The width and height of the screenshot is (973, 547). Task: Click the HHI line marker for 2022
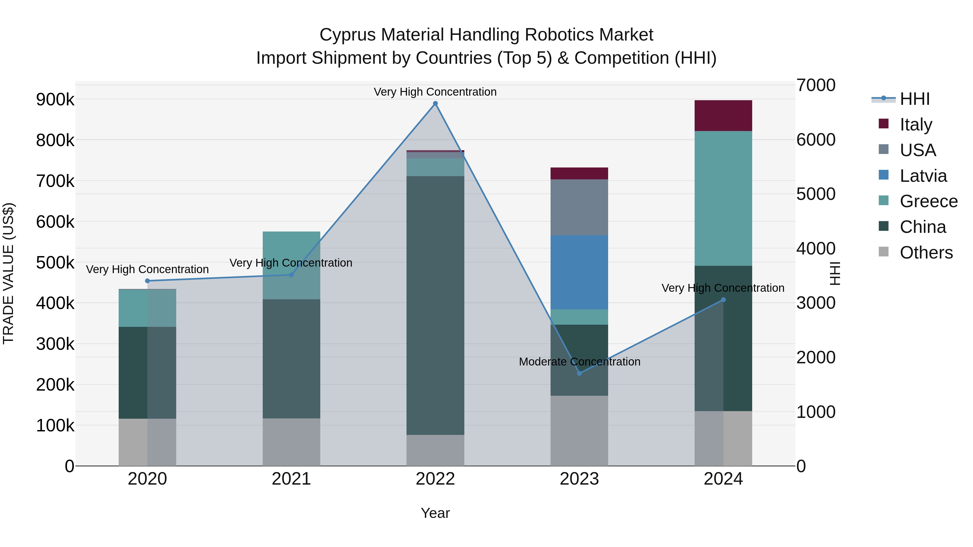(435, 103)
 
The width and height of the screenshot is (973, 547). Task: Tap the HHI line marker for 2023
(579, 373)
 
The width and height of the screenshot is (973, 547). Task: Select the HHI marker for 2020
(147, 281)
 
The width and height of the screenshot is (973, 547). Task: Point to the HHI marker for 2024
(723, 300)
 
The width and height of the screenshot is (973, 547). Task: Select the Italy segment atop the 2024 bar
(723, 116)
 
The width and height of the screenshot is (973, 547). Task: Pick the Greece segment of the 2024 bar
(723, 198)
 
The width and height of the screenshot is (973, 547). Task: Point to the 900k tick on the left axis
(55, 100)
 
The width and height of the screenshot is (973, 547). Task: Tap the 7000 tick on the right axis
(816, 85)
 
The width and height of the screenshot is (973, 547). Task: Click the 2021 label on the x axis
(291, 479)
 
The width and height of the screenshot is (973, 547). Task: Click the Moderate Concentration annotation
(579, 362)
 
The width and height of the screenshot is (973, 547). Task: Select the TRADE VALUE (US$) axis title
(9, 273)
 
